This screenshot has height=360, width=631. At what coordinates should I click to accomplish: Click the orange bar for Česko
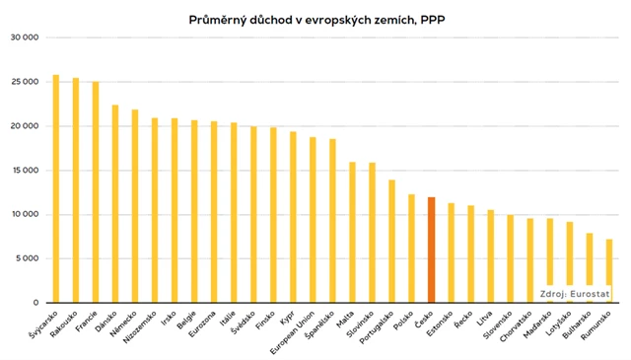[x=431, y=250]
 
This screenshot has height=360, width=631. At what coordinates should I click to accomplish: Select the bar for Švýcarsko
[x=56, y=188]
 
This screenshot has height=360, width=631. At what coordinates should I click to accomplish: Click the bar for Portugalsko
[x=391, y=241]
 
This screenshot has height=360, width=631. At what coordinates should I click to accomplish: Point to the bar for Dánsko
[x=115, y=203]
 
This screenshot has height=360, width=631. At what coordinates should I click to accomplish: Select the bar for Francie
[x=96, y=191]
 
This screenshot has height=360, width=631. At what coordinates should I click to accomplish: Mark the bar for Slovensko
[x=510, y=258]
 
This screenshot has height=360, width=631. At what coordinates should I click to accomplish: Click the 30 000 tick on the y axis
[x=23, y=37]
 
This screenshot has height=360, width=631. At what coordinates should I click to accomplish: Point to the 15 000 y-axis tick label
[x=23, y=170]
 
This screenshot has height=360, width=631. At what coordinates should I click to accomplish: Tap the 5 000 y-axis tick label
[x=26, y=258]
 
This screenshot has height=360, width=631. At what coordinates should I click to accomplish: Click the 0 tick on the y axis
[x=35, y=303]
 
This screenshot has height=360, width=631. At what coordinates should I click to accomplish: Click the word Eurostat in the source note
[x=592, y=293]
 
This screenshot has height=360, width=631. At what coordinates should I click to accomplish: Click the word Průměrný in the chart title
[x=218, y=19]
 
